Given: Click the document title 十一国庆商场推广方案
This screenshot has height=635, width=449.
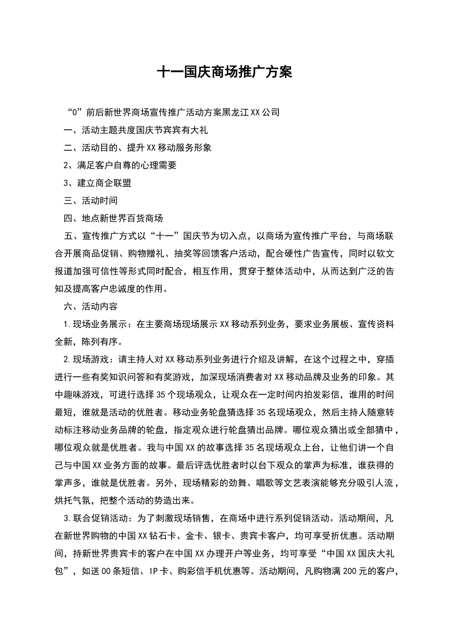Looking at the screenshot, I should pos(224,72).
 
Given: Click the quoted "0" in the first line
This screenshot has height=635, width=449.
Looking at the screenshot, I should pos(76,112).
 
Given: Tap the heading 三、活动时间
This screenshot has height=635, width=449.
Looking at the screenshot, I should pos(91,201).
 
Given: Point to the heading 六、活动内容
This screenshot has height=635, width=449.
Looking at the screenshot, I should pos(91,307).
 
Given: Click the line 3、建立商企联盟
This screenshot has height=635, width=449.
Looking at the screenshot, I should pos(97,183).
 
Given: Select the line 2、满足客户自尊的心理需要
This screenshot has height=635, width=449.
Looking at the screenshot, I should pos(120,165).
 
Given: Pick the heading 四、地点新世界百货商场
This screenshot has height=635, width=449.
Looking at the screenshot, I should pos(113,218).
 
